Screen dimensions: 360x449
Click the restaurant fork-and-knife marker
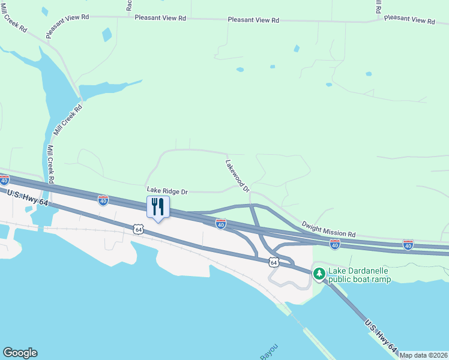[x=158, y=207]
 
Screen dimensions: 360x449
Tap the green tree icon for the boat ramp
[x=319, y=274]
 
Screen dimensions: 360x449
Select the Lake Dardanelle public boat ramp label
[x=359, y=275]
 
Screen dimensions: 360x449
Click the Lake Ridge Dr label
[x=168, y=191]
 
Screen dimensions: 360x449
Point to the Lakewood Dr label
[x=237, y=176]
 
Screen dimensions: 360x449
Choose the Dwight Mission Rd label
[x=328, y=229]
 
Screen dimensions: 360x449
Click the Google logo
[x=20, y=353]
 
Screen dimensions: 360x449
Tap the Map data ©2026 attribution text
[x=423, y=355]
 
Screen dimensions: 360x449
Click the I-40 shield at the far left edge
[x=4, y=180]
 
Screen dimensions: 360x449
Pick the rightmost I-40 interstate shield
[x=408, y=244]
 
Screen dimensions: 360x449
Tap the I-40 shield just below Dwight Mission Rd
[x=335, y=244]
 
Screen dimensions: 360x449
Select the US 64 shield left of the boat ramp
[x=274, y=262]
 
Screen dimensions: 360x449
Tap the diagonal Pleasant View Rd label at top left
[x=67, y=27]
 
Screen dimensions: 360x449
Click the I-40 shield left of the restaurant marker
[x=103, y=201]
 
